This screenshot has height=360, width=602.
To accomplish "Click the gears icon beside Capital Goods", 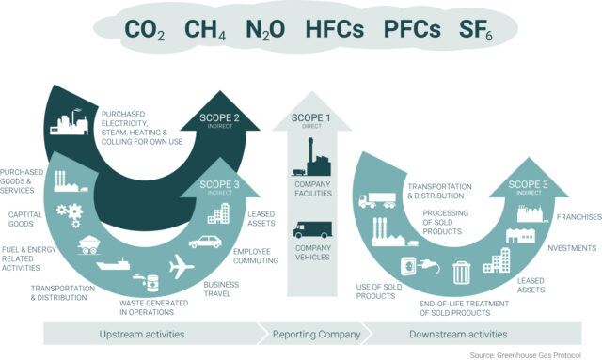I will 69,211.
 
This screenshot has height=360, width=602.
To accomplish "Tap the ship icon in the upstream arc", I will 114,265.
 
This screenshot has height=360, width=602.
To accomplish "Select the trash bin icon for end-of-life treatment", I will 461,272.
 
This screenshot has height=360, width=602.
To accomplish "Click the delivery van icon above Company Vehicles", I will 311,229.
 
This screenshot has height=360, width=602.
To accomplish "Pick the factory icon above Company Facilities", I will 310,154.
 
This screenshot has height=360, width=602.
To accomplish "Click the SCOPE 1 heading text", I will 311,120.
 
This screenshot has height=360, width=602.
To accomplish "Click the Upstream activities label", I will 141,334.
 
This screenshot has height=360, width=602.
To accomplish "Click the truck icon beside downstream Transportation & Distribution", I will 379,199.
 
